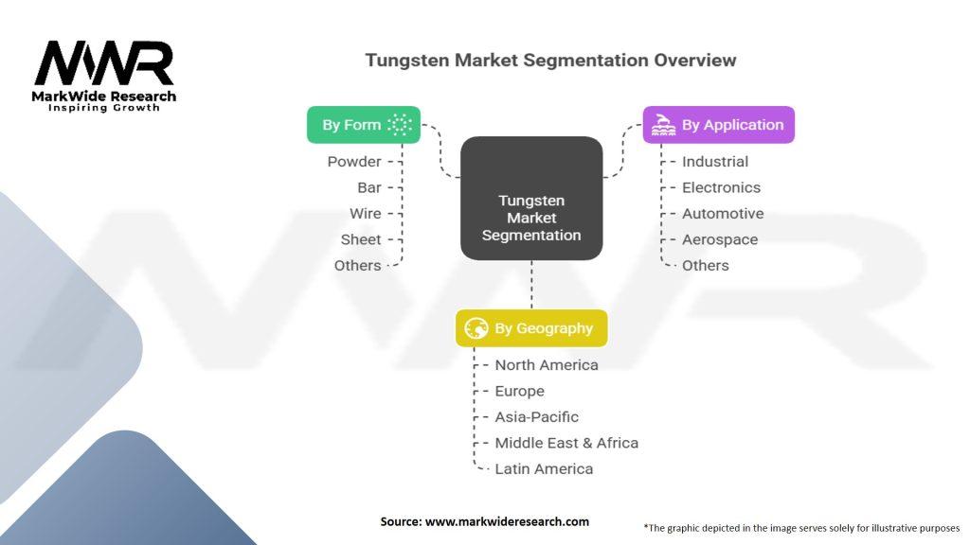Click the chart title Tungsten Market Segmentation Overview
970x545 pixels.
(550, 61)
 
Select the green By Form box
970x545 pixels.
(363, 125)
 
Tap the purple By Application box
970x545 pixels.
(718, 125)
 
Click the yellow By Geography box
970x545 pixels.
(530, 328)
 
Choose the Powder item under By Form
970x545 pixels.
(354, 162)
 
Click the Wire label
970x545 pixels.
(365, 214)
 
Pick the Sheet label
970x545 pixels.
(361, 240)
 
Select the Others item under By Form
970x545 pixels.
(357, 266)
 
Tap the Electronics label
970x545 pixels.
(721, 188)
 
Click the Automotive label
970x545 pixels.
(722, 214)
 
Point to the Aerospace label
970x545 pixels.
(720, 240)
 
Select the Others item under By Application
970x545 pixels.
(705, 266)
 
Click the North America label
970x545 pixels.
(547, 365)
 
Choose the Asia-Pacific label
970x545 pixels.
(536, 417)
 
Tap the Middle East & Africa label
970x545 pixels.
(566, 443)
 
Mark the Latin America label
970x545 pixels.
(544, 469)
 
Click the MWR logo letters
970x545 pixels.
(104, 64)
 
